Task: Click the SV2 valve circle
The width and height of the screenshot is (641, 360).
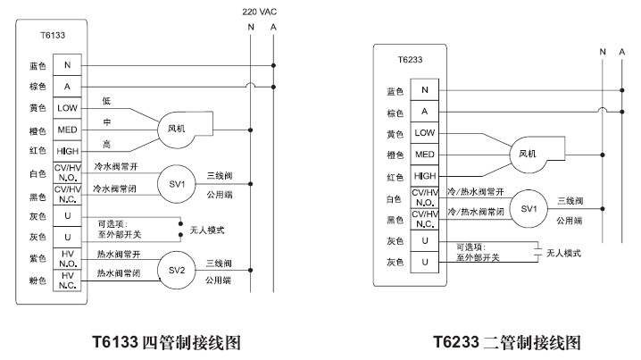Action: point(177,269)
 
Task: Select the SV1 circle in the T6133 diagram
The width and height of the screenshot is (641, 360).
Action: point(177,183)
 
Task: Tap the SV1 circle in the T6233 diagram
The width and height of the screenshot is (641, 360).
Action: point(529,208)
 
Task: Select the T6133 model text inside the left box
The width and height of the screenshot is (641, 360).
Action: point(53,36)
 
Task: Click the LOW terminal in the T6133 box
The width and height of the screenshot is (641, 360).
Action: point(68,108)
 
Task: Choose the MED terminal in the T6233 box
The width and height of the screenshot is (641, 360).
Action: point(426,155)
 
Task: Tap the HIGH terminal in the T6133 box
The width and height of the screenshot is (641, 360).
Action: point(68,151)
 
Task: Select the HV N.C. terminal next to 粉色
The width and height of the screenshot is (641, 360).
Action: point(68,280)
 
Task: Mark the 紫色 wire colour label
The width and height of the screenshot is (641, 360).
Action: point(37,259)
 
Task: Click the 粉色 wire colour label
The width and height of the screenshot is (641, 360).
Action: point(37,280)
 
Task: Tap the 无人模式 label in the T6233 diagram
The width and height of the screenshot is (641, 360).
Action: point(562,253)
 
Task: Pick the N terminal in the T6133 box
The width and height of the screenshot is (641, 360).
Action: point(68,65)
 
